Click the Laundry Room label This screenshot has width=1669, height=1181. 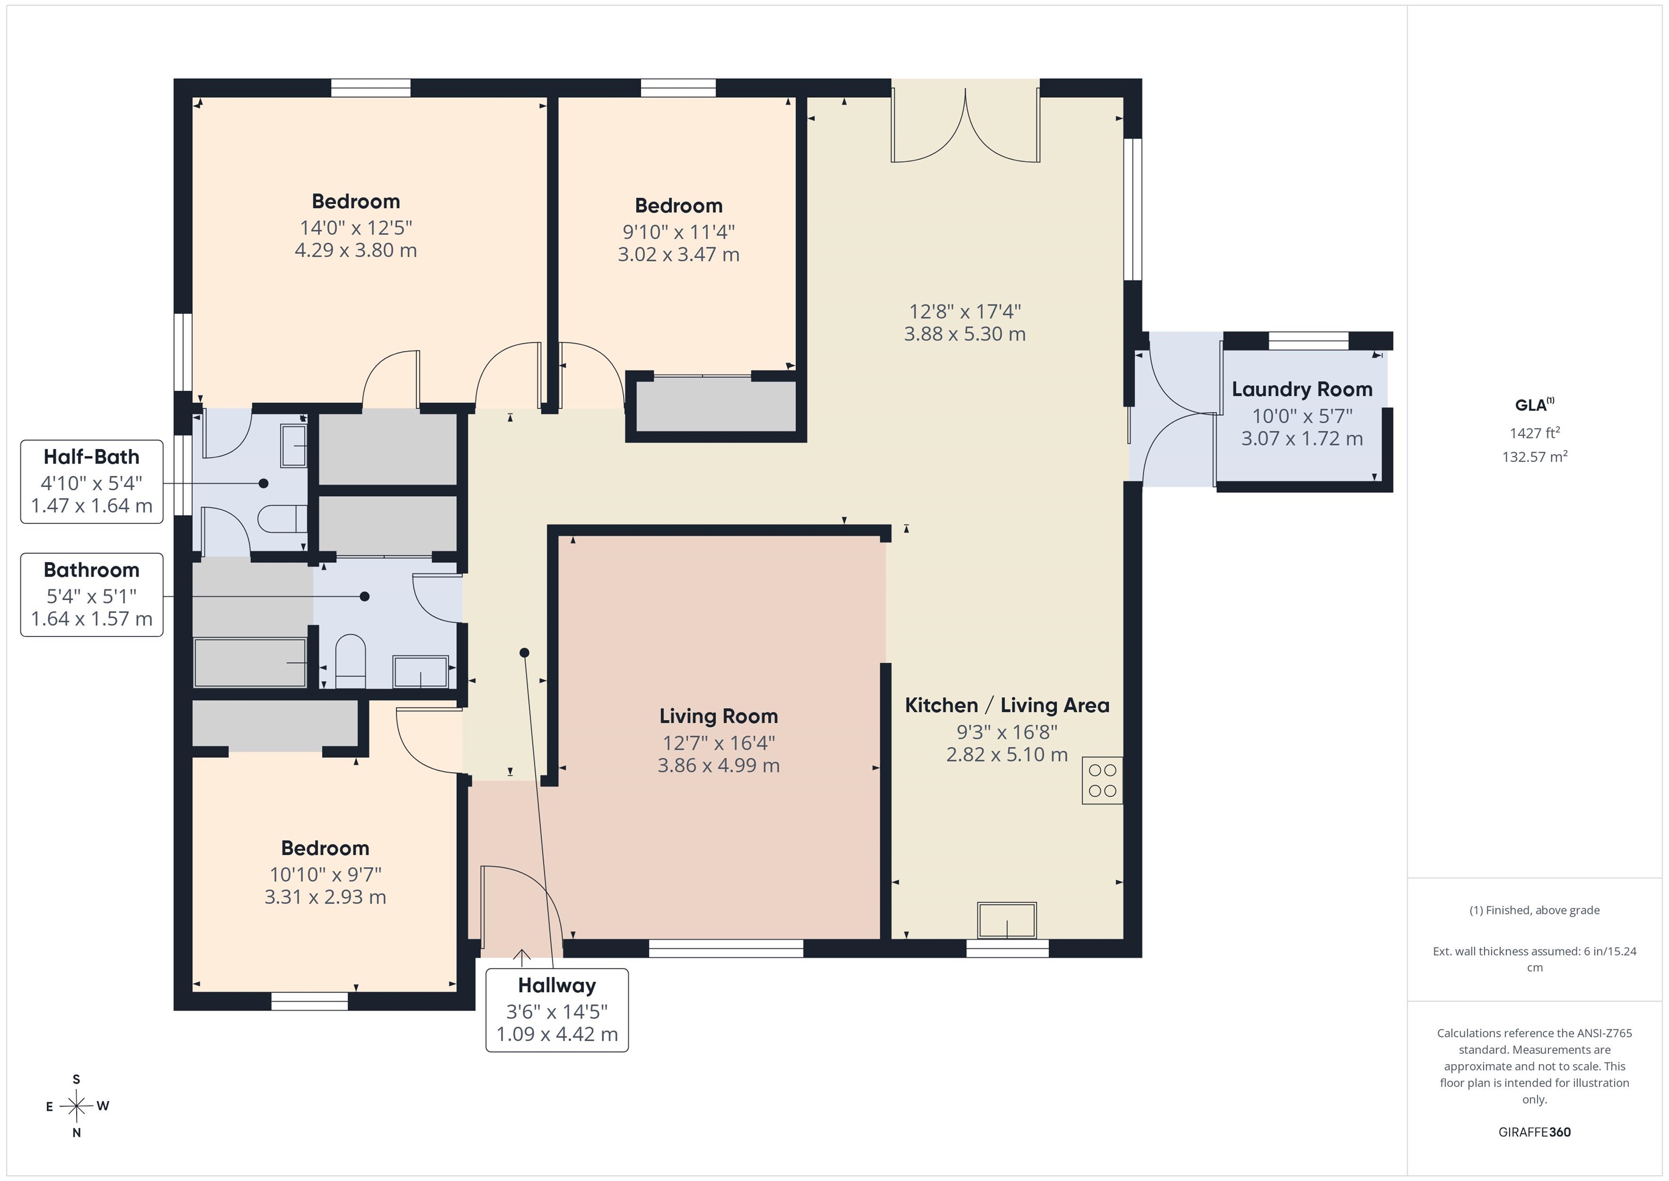[x=1302, y=390]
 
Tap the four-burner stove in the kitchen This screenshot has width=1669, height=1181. [x=1102, y=780]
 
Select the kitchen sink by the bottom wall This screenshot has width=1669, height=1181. [x=1007, y=921]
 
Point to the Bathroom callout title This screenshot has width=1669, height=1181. [x=92, y=570]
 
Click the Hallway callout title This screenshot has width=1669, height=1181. [x=557, y=985]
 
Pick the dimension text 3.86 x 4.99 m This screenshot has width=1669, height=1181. [x=719, y=766]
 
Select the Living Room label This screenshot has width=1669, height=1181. [x=719, y=717]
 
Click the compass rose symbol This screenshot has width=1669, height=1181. [x=76, y=1106]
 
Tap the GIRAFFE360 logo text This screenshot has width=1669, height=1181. [x=1534, y=1132]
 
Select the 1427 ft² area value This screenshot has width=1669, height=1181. [x=1534, y=433]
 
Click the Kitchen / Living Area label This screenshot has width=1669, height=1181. [x=1007, y=705]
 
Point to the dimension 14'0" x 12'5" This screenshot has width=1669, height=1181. [x=356, y=228]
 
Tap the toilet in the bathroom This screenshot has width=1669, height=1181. [x=350, y=660]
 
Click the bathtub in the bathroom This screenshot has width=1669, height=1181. [x=250, y=663]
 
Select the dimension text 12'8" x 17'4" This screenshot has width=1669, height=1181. [x=965, y=312]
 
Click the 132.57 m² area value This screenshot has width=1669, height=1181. [x=1534, y=457]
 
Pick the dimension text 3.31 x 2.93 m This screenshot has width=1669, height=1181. [x=325, y=897]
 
